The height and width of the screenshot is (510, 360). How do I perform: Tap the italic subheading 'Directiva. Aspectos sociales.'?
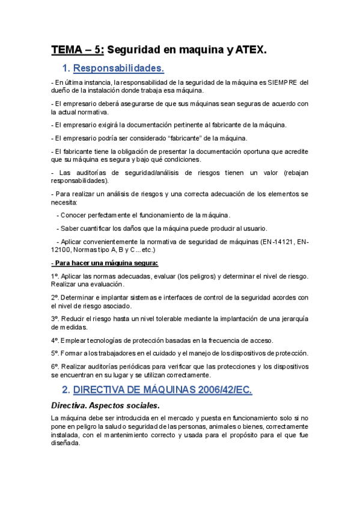coord(105,405)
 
